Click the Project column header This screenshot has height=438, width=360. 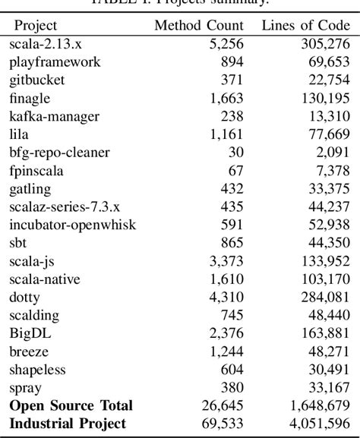point(35,25)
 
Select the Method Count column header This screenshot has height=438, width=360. point(199,25)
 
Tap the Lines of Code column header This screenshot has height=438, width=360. point(300,25)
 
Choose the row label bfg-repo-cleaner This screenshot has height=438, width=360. point(59,153)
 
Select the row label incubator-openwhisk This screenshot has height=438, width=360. point(68,224)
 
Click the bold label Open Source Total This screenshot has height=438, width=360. point(71,405)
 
